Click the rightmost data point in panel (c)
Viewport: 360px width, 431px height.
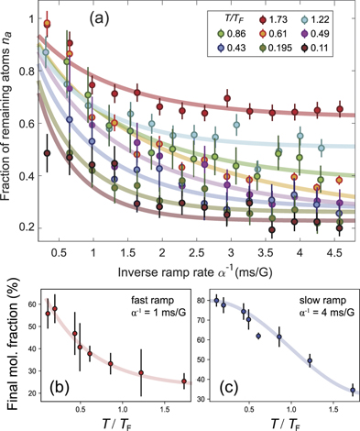pyautogui.click(x=353, y=390)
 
